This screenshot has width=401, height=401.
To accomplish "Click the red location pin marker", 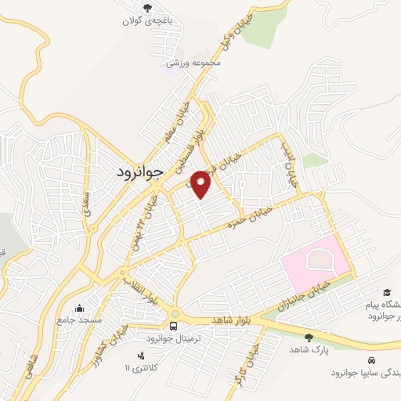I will coord(200,184).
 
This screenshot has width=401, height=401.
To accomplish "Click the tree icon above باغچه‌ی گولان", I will coord(149,8).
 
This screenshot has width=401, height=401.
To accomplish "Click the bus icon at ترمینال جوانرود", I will coord(175,326).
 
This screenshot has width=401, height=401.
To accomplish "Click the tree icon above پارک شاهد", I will coord(309,337).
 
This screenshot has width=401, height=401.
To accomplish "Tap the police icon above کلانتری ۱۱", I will coord(140,355).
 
